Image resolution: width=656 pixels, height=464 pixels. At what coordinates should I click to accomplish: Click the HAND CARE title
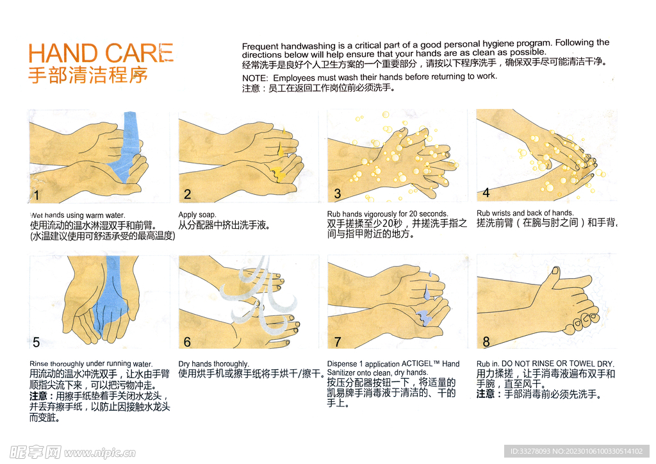(101, 53)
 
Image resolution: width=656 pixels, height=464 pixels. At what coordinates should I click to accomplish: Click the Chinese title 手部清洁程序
(88, 75)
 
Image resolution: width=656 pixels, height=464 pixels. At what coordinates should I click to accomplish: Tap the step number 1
(37, 195)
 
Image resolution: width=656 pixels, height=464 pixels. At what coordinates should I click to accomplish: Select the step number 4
(486, 193)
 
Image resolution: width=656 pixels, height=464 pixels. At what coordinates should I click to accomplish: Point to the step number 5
(37, 343)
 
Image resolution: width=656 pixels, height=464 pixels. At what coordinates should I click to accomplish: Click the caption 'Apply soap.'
(197, 215)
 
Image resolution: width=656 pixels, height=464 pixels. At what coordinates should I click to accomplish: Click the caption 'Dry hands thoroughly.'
(213, 364)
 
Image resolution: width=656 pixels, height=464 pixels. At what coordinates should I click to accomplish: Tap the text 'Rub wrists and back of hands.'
(525, 213)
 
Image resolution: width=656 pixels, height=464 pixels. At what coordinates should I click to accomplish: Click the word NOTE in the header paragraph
(250, 78)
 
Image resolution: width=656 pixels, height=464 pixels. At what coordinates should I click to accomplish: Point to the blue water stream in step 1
(129, 147)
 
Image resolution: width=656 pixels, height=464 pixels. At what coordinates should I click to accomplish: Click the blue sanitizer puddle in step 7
(425, 316)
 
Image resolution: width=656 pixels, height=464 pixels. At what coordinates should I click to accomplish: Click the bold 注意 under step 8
(486, 395)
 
